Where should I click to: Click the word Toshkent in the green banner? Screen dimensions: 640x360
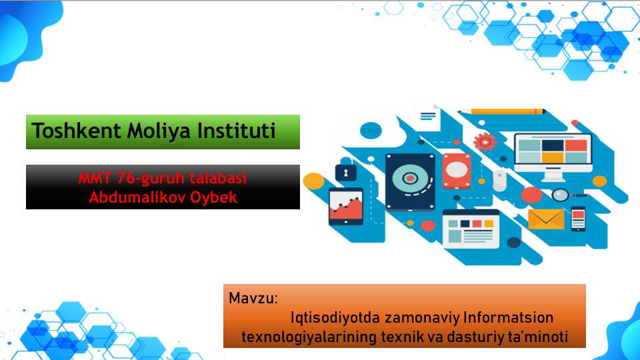[x=76, y=131]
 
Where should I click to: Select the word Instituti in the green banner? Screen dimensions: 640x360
[x=236, y=131]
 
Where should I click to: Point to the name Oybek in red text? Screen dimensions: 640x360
[x=213, y=198]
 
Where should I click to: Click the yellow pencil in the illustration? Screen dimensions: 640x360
[x=503, y=111]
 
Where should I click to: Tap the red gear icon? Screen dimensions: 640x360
[x=485, y=142]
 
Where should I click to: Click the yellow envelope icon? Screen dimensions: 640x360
[x=546, y=219]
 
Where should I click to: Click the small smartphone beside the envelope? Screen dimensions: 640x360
[x=578, y=219]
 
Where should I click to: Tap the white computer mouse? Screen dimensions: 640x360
[x=499, y=180]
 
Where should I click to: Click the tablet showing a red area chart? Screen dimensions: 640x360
[x=346, y=206]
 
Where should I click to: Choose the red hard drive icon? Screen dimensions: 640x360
[x=457, y=171]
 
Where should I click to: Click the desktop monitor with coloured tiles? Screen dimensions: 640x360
[x=553, y=156]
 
